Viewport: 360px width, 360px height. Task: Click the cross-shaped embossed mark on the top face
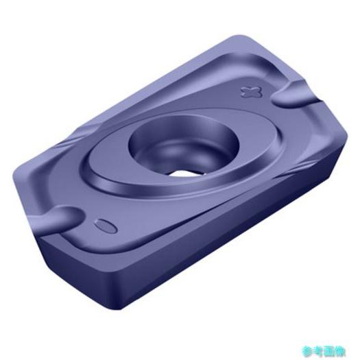[251, 92]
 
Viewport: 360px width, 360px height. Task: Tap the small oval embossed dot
[105, 226]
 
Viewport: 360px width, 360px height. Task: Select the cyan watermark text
[324, 350]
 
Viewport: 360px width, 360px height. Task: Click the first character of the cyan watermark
[307, 350]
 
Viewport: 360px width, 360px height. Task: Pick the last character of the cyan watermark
[340, 350]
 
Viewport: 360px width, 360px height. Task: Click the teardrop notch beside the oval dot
[58, 216]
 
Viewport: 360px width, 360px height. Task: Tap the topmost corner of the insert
[240, 36]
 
